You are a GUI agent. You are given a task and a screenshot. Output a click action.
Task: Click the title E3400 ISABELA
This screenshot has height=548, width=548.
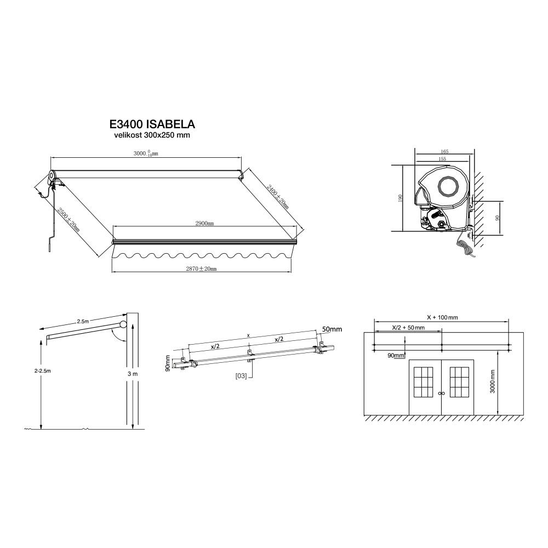(x=152, y=124)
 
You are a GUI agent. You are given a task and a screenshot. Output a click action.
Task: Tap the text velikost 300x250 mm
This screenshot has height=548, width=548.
(x=152, y=135)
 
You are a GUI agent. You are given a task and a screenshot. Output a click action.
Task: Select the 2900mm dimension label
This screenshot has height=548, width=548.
(x=204, y=224)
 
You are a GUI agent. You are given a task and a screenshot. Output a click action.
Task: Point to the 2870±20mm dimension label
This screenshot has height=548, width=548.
(x=201, y=269)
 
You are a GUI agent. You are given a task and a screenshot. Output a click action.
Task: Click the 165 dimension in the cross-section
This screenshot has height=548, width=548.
(x=444, y=152)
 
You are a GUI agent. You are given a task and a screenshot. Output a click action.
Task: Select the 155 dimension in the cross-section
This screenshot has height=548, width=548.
(x=442, y=159)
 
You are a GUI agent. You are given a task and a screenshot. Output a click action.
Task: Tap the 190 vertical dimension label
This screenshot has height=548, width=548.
(x=401, y=198)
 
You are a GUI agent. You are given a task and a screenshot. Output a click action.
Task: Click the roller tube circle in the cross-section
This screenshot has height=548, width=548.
(x=448, y=186)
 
